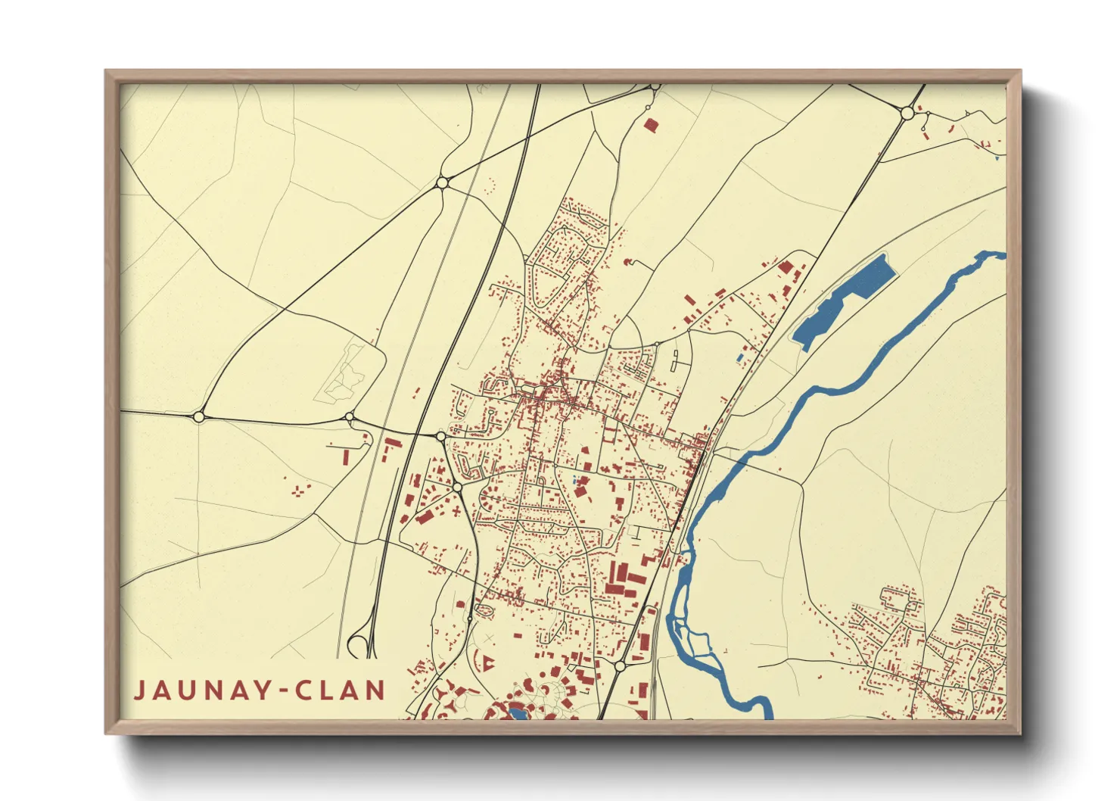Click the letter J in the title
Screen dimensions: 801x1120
click(x=141, y=690)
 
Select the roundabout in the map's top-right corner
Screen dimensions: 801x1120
click(x=907, y=114)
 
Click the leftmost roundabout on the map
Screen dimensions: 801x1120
click(x=199, y=416)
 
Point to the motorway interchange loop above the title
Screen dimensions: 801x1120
click(x=362, y=642)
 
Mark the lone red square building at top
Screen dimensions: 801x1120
click(x=649, y=124)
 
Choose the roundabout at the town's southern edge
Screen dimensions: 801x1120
click(x=620, y=666)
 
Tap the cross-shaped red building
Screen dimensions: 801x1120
click(x=456, y=512)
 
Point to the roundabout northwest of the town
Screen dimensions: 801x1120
click(x=443, y=182)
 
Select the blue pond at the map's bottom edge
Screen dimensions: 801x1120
click(x=518, y=713)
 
